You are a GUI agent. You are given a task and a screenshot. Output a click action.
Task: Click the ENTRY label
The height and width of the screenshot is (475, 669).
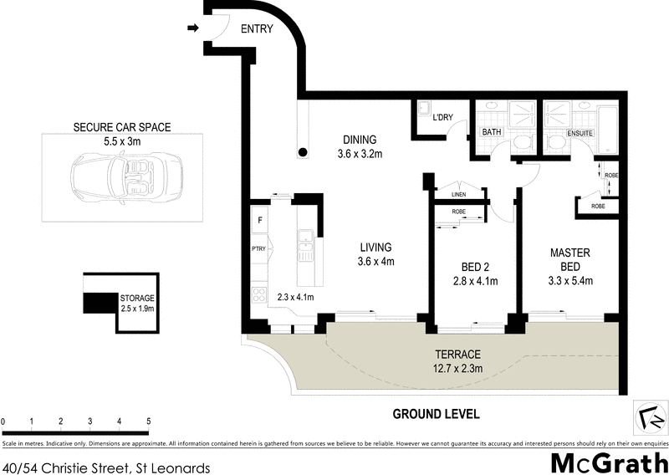[258, 28]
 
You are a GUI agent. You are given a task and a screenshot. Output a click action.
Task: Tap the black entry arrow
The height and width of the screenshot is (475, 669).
[192, 28]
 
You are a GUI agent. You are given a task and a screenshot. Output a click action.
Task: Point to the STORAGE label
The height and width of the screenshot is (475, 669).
[137, 297]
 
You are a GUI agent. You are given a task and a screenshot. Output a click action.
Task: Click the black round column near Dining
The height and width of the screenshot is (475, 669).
[302, 153]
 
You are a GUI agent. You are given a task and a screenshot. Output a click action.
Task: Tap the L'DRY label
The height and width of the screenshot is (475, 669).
[442, 118]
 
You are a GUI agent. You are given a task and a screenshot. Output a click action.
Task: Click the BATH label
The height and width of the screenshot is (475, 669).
[491, 132]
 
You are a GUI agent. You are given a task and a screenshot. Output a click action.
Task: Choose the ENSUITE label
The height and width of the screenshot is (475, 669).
[580, 132]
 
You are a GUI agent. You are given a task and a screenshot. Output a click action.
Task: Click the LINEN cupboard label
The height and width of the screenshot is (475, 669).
[458, 195]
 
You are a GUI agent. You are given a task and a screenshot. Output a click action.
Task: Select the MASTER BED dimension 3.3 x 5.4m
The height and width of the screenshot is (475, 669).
[570, 280]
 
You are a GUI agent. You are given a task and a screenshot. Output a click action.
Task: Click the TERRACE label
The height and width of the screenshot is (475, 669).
[457, 355]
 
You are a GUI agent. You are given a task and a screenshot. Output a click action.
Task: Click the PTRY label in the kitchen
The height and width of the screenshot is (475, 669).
[258, 248]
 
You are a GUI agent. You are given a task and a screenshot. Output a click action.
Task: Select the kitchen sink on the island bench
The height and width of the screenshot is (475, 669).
[306, 246]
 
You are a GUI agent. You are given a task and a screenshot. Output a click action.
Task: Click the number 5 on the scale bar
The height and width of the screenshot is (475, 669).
[149, 421]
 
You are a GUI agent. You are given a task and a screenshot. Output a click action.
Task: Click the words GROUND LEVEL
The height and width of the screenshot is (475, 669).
[437, 414]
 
